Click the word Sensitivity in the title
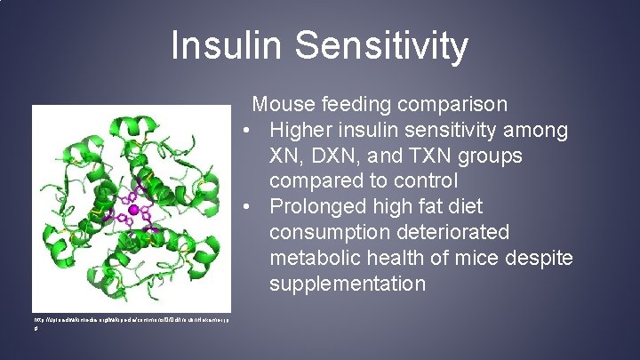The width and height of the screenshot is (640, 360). [x=374, y=46]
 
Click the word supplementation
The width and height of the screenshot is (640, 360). [x=348, y=284]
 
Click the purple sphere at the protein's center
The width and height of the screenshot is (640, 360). [x=134, y=210]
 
